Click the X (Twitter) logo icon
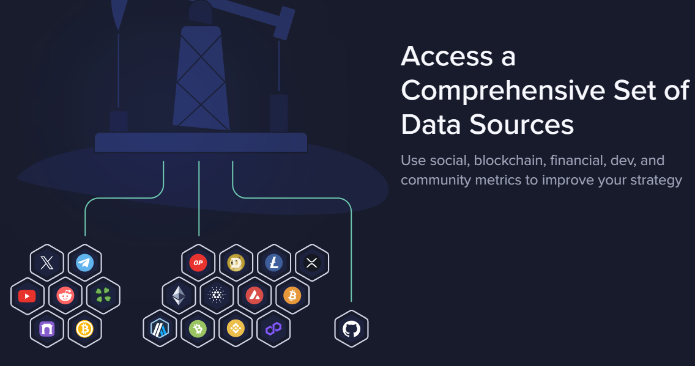[x=46, y=263]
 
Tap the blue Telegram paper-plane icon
[x=84, y=263]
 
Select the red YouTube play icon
[x=27, y=296]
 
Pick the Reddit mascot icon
[x=65, y=296]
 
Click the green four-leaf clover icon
[x=103, y=296]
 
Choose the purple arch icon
[x=46, y=329]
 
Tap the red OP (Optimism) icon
[x=198, y=263]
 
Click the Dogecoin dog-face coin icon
[x=236, y=263]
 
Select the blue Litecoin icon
[x=274, y=263]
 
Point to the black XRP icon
[x=311, y=263]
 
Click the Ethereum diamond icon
[x=179, y=296]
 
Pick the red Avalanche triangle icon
[x=255, y=296]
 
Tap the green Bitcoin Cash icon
[x=198, y=329]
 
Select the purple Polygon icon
[x=273, y=329]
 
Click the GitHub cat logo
[x=352, y=329]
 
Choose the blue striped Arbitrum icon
[x=160, y=329]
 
